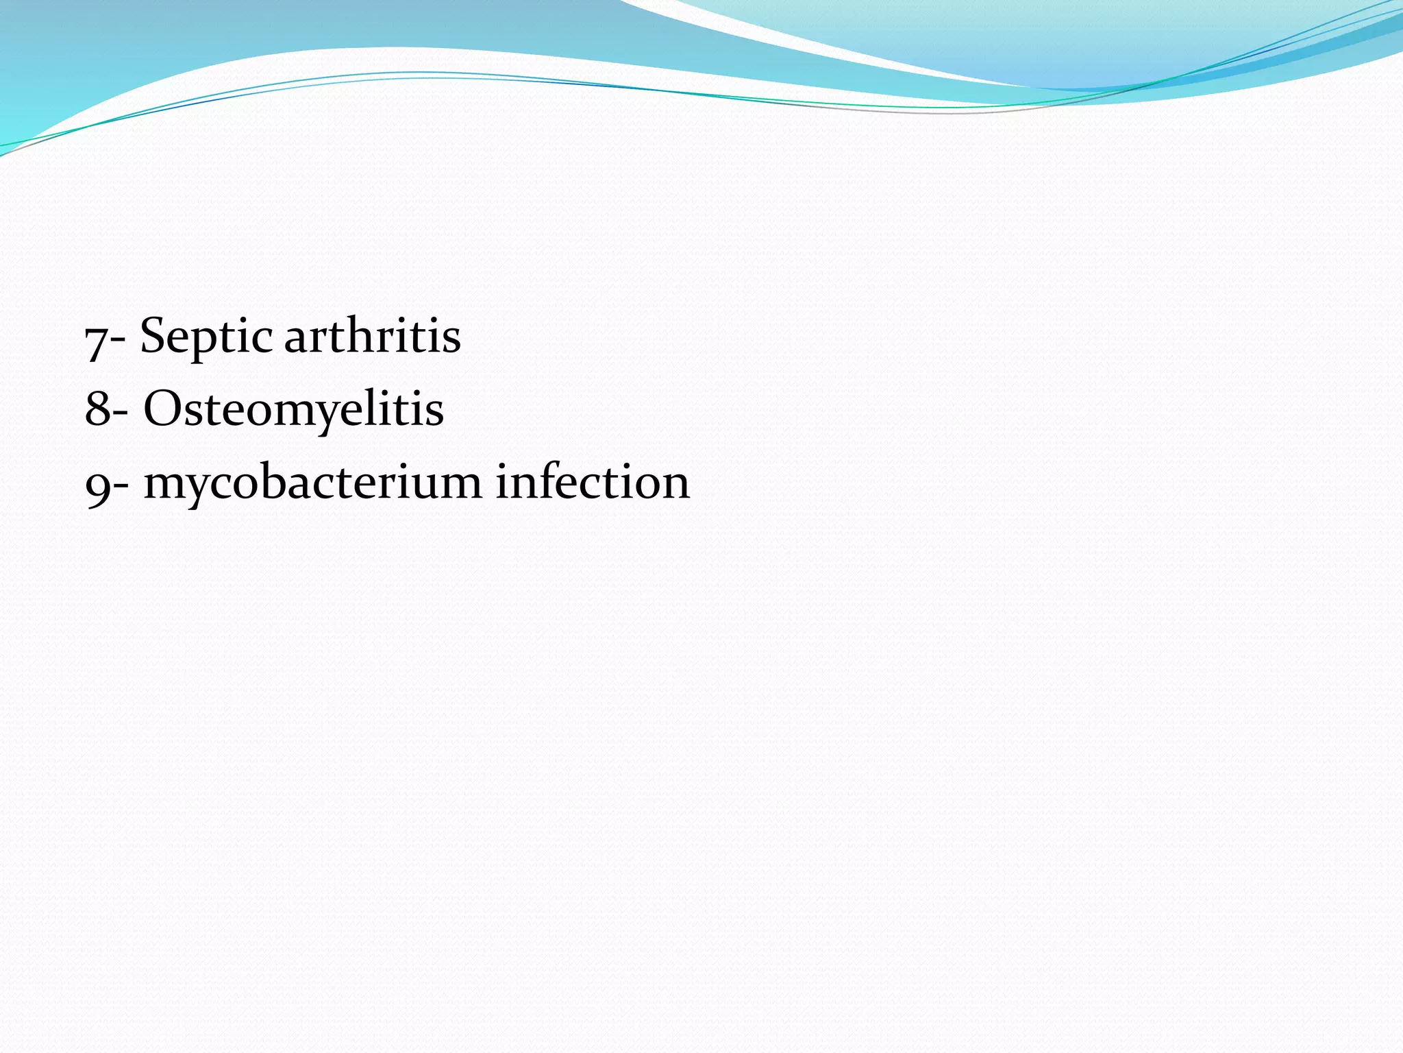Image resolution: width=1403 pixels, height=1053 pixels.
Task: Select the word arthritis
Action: click(372, 337)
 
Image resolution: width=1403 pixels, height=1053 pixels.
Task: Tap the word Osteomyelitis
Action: click(293, 409)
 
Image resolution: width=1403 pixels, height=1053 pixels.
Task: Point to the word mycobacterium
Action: click(313, 483)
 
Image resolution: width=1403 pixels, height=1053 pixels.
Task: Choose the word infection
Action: click(593, 481)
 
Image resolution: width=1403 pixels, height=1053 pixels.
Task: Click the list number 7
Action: click(96, 339)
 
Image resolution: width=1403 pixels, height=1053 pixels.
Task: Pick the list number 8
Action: click(97, 409)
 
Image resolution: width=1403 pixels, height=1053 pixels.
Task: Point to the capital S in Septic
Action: click(155, 335)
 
